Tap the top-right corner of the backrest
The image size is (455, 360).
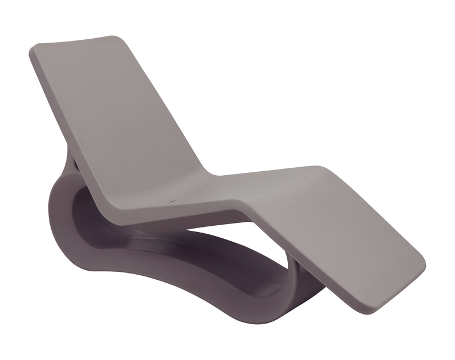click(x=121, y=39)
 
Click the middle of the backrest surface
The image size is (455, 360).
click(x=114, y=114)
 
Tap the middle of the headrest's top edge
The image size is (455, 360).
click(x=77, y=42)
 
